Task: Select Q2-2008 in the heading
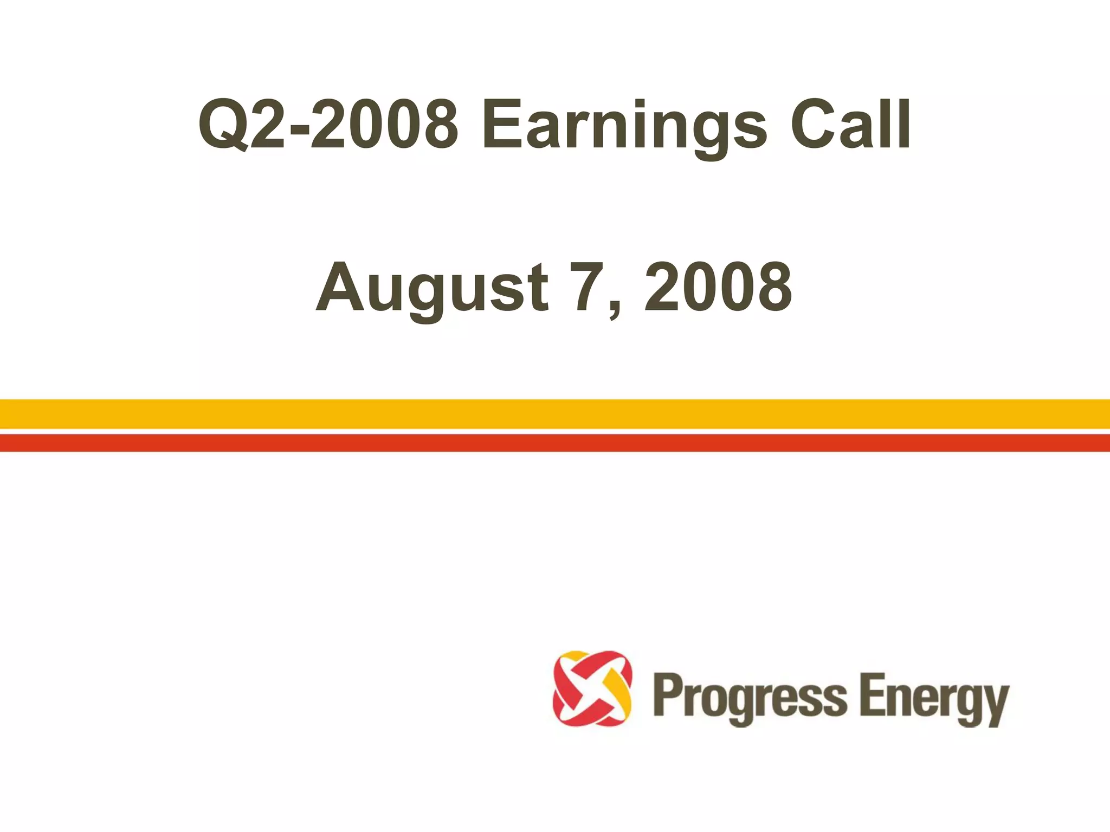(328, 125)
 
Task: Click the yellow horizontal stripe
(555, 414)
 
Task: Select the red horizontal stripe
(555, 443)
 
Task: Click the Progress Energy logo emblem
(592, 688)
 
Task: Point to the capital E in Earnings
(500, 125)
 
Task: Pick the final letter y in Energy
(995, 704)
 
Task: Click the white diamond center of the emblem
(592, 688)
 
